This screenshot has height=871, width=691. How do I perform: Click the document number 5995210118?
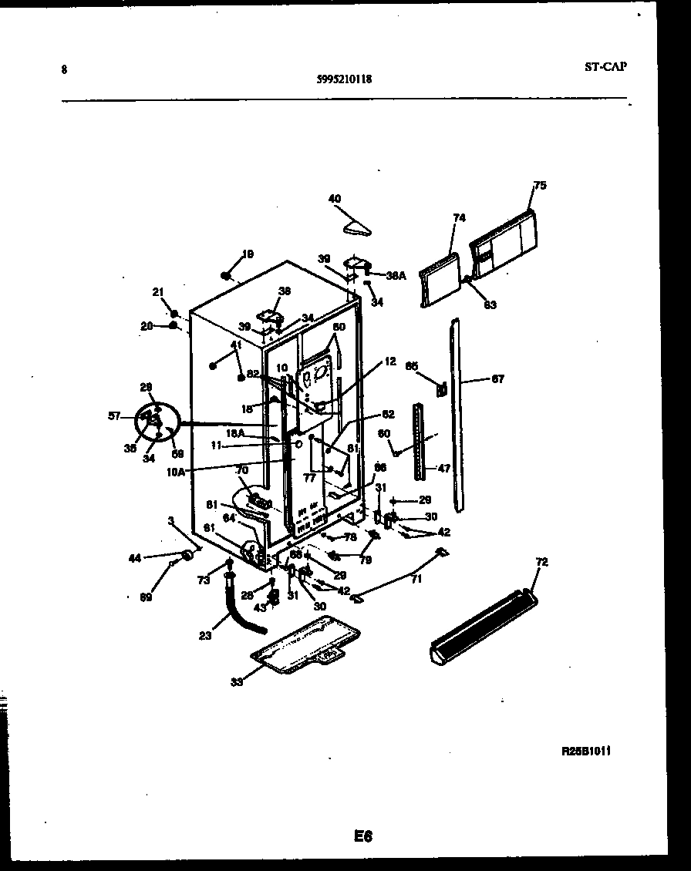pos(344,78)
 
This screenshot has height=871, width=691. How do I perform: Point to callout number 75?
pos(539,185)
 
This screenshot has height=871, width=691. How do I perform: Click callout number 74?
pos(459,218)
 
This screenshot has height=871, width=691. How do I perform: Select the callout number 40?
pos(334,199)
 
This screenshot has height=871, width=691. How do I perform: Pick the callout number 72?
pos(541,563)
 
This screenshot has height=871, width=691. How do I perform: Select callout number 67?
pos(497,378)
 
